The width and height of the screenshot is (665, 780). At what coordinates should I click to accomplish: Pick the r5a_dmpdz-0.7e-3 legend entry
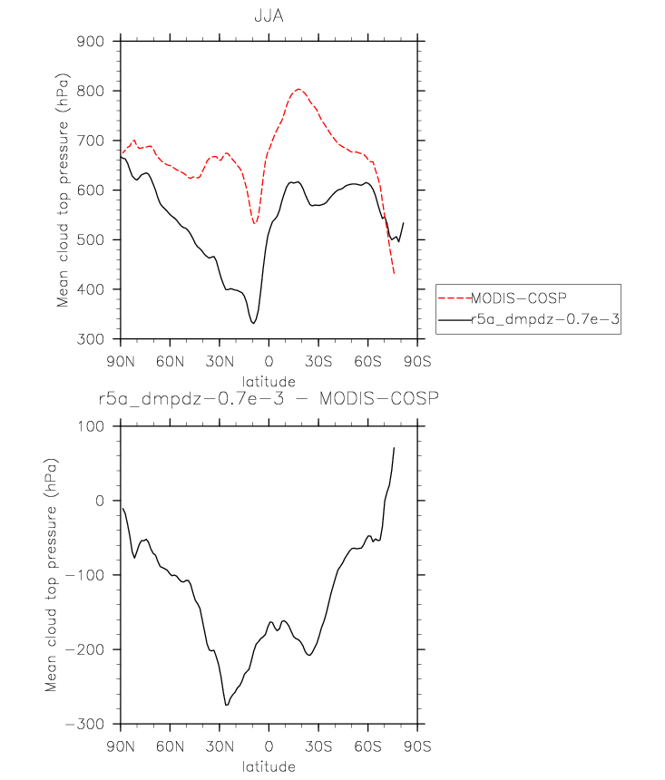(x=543, y=319)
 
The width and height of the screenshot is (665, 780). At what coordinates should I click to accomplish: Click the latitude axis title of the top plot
(x=269, y=381)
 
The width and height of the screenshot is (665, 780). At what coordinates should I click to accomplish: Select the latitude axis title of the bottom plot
(x=269, y=766)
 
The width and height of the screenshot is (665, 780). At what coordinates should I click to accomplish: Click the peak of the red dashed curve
(x=298, y=89)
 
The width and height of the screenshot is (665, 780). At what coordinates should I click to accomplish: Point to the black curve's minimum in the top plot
(x=254, y=323)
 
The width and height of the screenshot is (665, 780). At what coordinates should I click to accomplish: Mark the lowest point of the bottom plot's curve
(x=226, y=705)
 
